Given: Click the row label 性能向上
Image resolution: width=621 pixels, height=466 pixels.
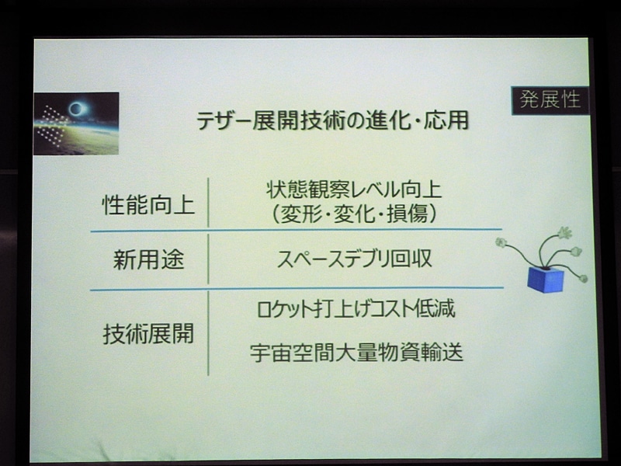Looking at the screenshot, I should pos(148,206).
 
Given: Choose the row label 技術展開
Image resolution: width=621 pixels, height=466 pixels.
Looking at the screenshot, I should pos(148,335).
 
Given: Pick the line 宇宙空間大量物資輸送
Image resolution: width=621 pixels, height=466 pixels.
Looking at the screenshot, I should pos(356,353).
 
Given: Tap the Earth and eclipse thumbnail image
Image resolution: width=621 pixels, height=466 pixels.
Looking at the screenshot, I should pos(76,123).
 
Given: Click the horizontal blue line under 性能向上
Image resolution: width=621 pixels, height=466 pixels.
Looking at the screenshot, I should pos(295,231).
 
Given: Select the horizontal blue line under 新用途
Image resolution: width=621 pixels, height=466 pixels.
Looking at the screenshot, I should pos(295,289).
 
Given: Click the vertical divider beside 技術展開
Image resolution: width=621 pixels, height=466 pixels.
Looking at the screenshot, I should pos(208,334).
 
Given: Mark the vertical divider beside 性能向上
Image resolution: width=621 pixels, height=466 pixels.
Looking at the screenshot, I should pos(208,203).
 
